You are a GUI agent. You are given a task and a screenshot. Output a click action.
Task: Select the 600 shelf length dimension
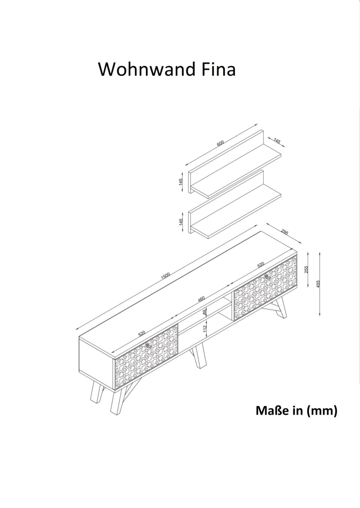(220, 143)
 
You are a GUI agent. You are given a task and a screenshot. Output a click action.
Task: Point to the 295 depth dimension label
(284, 232)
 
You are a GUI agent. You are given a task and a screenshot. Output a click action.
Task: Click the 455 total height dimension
(318, 284)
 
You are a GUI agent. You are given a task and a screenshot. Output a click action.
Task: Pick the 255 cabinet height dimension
(306, 270)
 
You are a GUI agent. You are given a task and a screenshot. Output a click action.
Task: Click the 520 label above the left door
(142, 333)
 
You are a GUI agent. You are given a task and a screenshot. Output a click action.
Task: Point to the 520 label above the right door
(261, 265)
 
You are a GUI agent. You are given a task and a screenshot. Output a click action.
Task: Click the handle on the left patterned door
(149, 345)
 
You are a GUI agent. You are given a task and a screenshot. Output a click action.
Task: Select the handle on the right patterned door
(268, 277)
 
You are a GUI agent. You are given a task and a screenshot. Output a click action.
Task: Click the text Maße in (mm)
(297, 411)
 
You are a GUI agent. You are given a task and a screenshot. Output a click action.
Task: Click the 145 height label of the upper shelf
(181, 182)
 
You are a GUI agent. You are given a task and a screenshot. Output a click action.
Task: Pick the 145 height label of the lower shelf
(181, 222)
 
